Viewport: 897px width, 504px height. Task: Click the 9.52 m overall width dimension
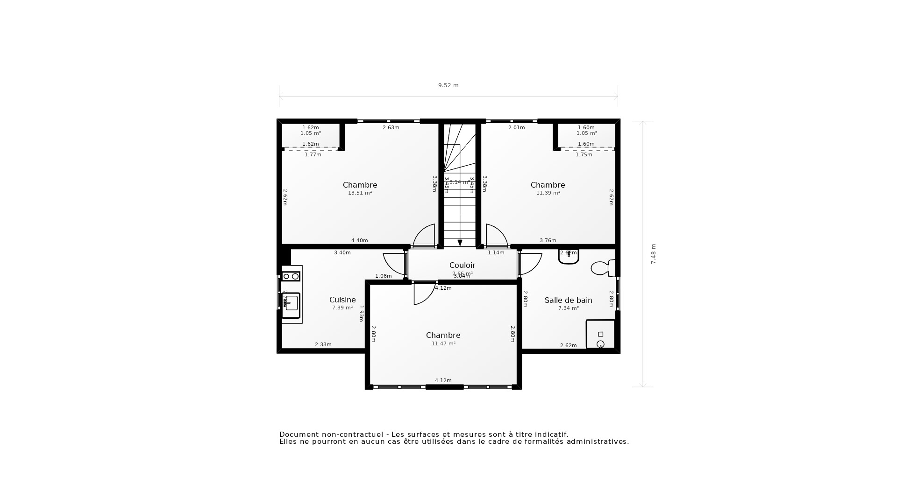click(448, 85)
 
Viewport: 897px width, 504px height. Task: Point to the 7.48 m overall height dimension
click(653, 254)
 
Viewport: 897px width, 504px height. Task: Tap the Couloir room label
click(462, 265)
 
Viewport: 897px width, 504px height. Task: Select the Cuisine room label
click(342, 300)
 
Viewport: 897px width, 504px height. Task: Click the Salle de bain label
click(568, 300)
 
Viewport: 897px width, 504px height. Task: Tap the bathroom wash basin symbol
click(569, 257)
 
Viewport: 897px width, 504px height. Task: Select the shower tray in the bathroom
click(600, 334)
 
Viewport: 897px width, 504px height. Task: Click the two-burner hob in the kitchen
click(291, 276)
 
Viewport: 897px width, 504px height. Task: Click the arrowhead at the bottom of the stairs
click(460, 243)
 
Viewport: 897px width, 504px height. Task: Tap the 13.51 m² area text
click(360, 193)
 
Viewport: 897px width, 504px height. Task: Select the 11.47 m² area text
click(443, 343)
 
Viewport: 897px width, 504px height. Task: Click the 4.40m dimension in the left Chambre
click(359, 240)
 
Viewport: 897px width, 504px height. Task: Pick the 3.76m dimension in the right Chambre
click(548, 240)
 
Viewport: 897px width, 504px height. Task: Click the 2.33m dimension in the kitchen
click(323, 344)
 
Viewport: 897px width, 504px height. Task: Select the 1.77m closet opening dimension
click(313, 154)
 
